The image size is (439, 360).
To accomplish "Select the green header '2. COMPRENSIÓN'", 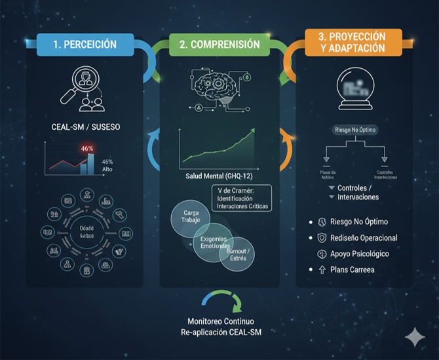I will pyautogui.click(x=219, y=45).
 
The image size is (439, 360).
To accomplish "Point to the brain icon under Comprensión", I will pyautogui.click(x=217, y=87).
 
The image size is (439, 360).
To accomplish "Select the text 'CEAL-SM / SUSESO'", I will pyautogui.click(x=86, y=127).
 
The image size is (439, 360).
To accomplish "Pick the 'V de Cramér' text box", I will pyautogui.click(x=242, y=197).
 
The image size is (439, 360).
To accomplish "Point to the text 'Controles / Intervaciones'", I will pyautogui.click(x=357, y=192).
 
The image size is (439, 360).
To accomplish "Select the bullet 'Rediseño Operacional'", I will pyautogui.click(x=366, y=237).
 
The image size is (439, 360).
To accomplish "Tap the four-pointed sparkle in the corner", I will pyautogui.click(x=414, y=336).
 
